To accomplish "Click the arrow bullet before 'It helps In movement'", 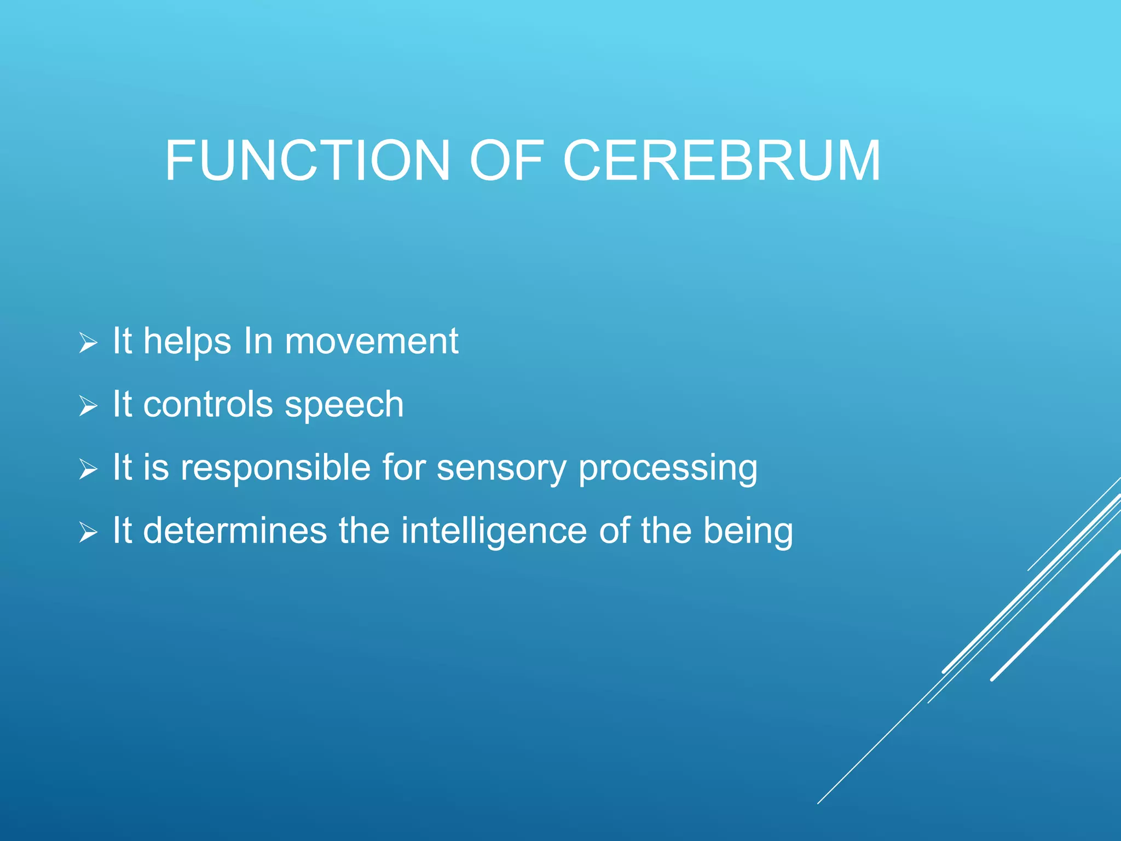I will coord(88,343).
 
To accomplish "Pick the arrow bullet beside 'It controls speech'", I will coord(88,406).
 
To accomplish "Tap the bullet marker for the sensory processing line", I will coord(88,469).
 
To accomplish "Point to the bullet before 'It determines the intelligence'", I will coord(88,532).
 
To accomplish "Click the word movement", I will coord(371,342).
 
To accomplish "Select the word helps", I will coord(187,343).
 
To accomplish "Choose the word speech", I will coord(344,406).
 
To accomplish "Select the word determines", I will coord(235,531).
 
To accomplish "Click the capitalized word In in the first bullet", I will coord(258,342).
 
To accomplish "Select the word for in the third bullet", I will coord(404,468).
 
